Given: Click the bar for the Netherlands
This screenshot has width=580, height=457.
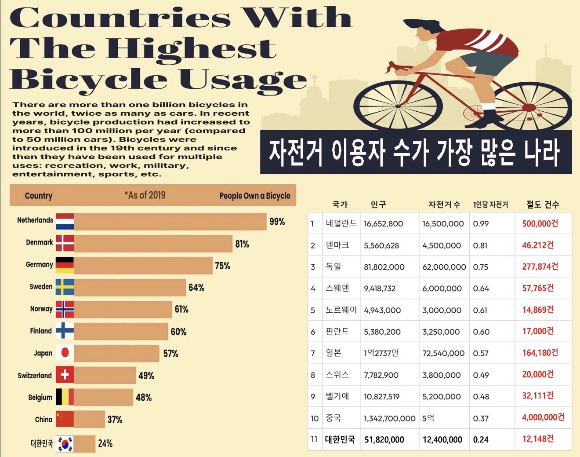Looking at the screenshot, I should point(170,221).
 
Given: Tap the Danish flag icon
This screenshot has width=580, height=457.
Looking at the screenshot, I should point(65,243).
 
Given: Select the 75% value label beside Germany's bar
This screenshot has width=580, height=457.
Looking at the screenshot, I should point(222,266).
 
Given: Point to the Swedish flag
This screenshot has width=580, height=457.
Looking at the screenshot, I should point(65,287).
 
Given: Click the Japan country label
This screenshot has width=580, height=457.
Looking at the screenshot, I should point(43,353).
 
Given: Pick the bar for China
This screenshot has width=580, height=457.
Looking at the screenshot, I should point(89,419).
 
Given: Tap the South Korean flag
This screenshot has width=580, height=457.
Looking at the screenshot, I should point(65,444).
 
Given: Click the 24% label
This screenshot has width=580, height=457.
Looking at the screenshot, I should point(105,443).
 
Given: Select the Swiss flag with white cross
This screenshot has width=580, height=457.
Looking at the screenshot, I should point(65,375).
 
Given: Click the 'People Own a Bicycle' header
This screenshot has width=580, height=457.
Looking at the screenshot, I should point(255,196).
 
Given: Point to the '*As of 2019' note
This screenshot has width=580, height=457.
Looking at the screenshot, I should point(145,195).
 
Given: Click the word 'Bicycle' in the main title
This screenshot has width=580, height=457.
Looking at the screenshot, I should point(88,80).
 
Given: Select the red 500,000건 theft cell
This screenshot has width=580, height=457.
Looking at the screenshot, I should point(540,223).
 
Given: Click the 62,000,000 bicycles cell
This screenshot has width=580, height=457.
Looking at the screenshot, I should point(444,267).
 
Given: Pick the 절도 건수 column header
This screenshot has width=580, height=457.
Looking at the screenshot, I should point(543,205).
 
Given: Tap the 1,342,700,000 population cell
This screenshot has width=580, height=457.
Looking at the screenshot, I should point(389,418).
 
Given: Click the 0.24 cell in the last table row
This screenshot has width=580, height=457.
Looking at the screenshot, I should point(481,439).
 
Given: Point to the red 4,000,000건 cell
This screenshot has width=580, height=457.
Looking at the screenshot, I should point(543,417).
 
